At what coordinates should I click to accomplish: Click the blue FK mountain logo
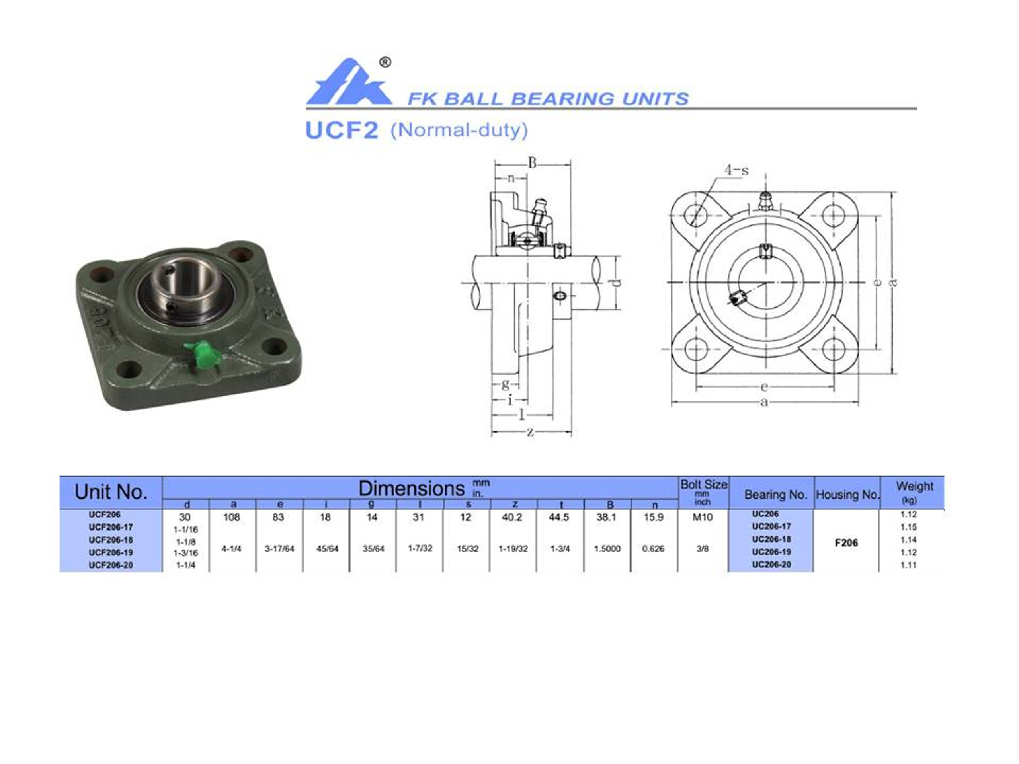coord(349,83)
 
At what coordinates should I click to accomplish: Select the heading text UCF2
coord(342,131)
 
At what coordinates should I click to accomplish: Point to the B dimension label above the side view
coord(532,163)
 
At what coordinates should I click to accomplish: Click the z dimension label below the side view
coord(530,432)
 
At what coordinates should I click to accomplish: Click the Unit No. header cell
coord(111,492)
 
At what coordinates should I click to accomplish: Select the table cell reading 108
coord(232,517)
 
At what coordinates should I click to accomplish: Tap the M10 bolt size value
coord(703,517)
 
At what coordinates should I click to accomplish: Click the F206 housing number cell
coord(846,542)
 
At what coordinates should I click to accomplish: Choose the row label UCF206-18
coord(111,540)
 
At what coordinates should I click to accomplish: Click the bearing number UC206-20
coord(771,565)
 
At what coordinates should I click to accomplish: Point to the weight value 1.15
coord(908,527)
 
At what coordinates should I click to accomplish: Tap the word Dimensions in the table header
coord(411,489)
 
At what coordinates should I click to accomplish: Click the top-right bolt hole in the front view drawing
coord(833,215)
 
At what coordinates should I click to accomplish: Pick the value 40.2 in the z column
coord(512,517)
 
